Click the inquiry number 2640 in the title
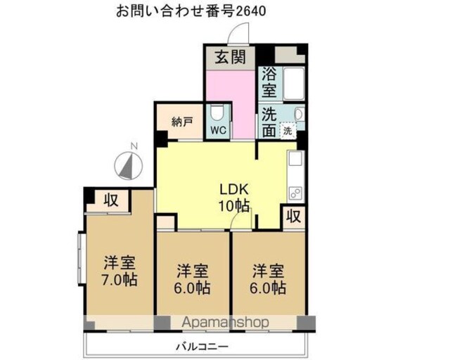coord(251,11)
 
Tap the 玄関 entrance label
coord(231,57)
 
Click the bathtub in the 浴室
coord(294,83)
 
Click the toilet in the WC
coord(216,113)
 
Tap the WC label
coord(219,130)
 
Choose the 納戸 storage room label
coord(182,122)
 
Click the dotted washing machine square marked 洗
coord(288,131)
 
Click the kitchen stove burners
coord(295,193)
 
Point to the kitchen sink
coord(295,158)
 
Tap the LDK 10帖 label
coord(234,197)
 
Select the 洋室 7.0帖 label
coord(120,271)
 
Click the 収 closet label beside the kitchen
coord(294,216)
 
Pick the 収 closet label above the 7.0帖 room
coord(111,200)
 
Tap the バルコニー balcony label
coord(202,347)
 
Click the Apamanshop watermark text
coord(225,323)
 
